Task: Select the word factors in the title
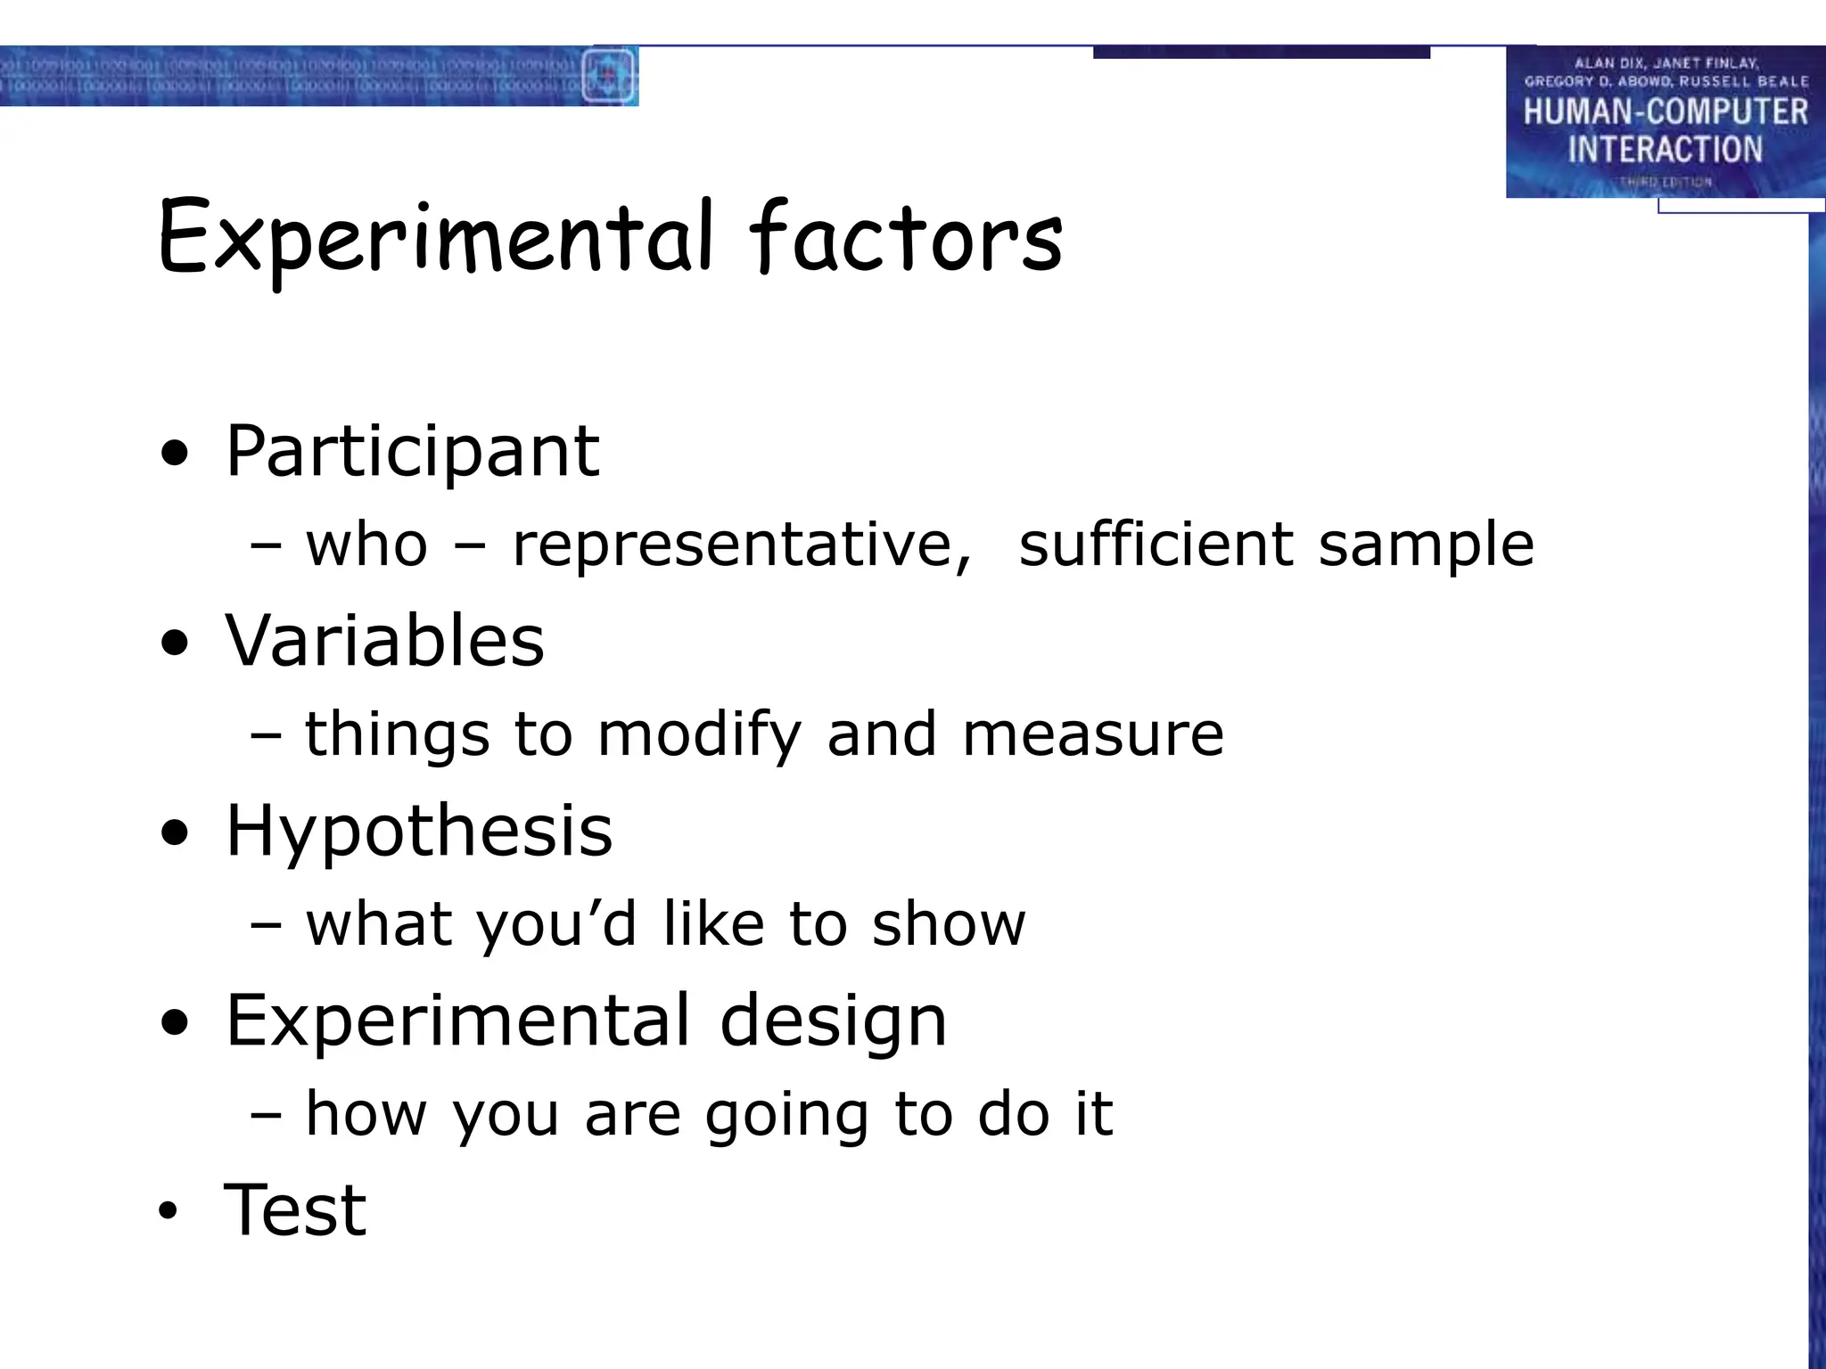click(x=906, y=239)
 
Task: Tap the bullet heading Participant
click(x=412, y=452)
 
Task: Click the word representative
click(x=740, y=545)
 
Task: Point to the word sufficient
click(x=1156, y=545)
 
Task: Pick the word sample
click(x=1426, y=546)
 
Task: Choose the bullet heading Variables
click(x=384, y=641)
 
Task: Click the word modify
click(x=699, y=736)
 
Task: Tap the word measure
click(x=1093, y=735)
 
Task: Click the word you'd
click(x=556, y=925)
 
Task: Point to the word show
click(x=949, y=924)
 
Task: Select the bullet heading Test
click(x=295, y=1210)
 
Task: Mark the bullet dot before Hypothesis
click(x=176, y=834)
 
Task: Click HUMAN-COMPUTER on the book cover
click(x=1665, y=112)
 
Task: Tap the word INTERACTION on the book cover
click(x=1665, y=150)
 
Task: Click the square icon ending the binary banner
click(x=609, y=76)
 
